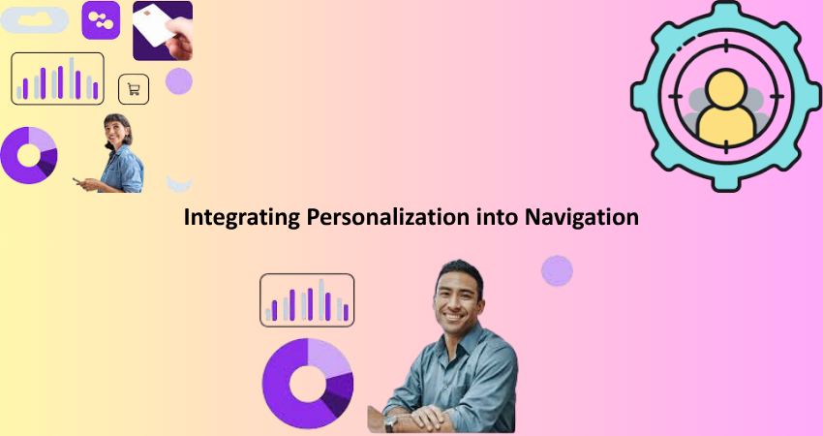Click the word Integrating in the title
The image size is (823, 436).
coord(242,217)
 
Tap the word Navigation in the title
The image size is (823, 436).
coord(582,217)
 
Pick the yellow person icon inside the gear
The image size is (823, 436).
coord(727,108)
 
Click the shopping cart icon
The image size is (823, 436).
coord(134,89)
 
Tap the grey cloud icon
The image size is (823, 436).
coord(35,20)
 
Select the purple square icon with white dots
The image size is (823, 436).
coord(101,20)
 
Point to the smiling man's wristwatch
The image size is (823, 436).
coord(389,422)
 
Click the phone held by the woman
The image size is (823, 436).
coord(77,181)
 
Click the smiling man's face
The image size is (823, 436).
coord(457,297)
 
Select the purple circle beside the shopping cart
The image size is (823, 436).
coord(179,81)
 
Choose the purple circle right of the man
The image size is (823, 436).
coord(557,271)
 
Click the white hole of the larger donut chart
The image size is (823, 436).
coord(308,384)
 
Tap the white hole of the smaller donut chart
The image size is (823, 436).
coord(29,155)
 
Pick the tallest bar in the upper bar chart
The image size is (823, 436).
coord(72,78)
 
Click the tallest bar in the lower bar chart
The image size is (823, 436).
coord(321,299)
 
